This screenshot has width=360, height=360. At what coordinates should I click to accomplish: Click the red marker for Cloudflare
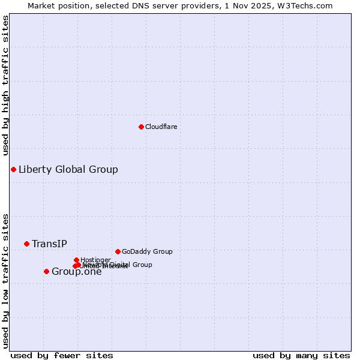click(141, 127)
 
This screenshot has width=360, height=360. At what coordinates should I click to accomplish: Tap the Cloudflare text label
click(161, 127)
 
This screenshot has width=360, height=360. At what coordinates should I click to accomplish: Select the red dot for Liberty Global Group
click(13, 169)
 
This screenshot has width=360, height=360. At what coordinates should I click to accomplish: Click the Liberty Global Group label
click(68, 169)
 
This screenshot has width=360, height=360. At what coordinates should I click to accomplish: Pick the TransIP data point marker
click(26, 244)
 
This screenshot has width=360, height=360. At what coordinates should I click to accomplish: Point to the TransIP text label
click(49, 244)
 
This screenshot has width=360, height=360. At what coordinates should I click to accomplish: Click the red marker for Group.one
click(46, 271)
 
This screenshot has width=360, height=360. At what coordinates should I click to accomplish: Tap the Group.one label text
click(76, 272)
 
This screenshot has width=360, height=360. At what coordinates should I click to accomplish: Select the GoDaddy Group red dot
click(118, 251)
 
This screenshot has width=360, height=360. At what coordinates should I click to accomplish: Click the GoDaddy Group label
click(146, 251)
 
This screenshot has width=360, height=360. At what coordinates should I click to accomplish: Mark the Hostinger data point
click(77, 260)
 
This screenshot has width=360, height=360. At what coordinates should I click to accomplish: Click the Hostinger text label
click(95, 260)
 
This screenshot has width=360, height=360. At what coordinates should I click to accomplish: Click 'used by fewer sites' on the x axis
click(62, 355)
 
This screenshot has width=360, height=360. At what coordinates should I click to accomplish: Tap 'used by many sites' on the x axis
click(301, 355)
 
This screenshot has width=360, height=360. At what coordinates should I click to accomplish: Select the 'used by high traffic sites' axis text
click(5, 85)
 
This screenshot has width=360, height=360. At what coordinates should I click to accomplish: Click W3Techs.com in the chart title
click(305, 5)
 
